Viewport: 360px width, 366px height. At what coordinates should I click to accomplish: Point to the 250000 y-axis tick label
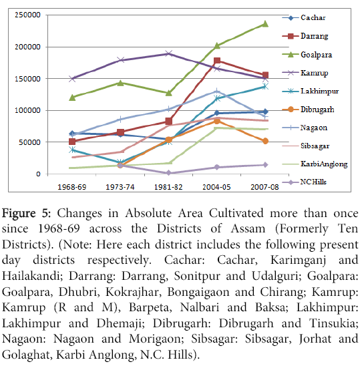click(28, 15)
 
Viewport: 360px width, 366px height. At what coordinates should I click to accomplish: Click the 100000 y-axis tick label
click(28, 110)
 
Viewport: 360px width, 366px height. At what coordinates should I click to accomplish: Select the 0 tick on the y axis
click(38, 174)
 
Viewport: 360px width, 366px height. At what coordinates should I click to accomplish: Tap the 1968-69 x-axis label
click(72, 187)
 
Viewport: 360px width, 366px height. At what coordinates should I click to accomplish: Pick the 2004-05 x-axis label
click(216, 187)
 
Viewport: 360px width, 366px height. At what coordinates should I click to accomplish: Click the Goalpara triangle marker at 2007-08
click(265, 24)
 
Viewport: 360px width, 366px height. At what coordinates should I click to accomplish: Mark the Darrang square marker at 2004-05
click(217, 61)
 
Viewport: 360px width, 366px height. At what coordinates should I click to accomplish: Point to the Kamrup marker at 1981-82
click(168, 53)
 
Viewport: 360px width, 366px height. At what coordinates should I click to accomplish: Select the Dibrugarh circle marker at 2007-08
click(265, 141)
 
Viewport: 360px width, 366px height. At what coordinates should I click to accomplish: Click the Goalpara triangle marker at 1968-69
click(72, 98)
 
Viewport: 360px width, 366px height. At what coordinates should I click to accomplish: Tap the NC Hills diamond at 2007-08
click(265, 165)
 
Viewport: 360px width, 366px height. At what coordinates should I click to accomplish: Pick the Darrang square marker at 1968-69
click(72, 142)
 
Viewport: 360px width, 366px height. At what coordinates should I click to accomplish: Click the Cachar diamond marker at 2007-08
click(265, 112)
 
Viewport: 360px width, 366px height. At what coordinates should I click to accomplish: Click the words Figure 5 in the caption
click(26, 213)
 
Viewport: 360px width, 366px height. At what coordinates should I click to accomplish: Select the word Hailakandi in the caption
click(33, 276)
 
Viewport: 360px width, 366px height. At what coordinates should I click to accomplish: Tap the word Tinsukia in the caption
click(334, 323)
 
